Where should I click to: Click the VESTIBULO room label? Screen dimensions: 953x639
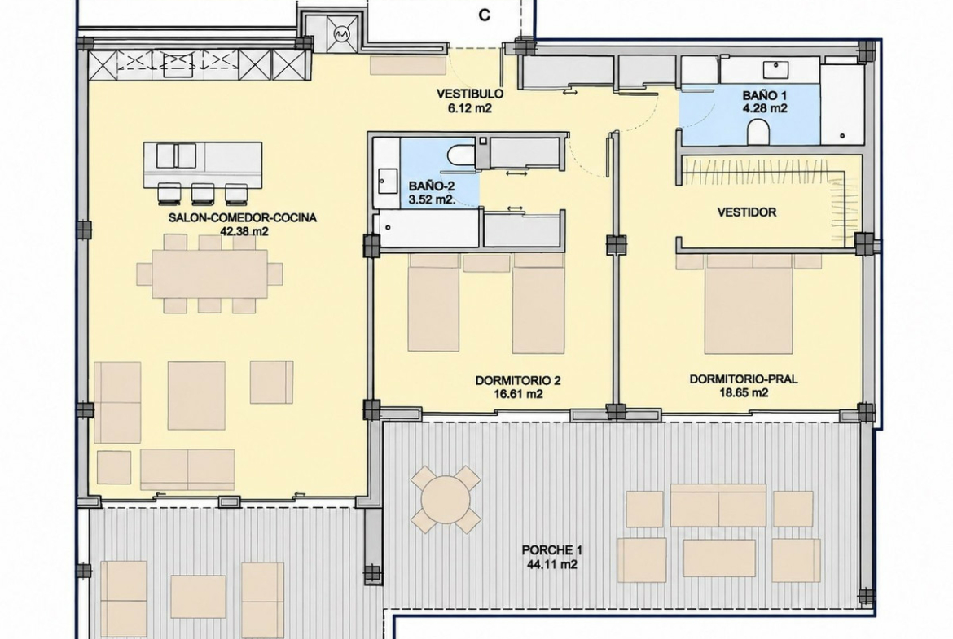470,94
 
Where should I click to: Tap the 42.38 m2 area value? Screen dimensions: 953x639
244,231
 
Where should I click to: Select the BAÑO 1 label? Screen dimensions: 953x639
765,96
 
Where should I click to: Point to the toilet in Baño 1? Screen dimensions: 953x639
758,132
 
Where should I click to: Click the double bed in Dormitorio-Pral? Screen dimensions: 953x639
749,304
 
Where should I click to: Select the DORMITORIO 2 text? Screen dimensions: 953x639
518,381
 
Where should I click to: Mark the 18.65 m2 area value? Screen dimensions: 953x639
744,393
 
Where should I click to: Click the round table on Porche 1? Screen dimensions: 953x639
446,499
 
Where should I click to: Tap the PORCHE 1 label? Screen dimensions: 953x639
552,550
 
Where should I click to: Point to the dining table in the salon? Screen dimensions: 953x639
209,274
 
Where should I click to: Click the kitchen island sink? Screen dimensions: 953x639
176,155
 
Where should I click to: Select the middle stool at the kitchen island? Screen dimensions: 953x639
201,193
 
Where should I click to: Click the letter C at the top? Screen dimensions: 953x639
485,15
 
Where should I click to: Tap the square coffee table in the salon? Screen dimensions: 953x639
196,396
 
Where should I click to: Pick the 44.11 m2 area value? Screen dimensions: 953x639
552,564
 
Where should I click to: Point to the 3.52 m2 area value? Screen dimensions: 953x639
433,199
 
